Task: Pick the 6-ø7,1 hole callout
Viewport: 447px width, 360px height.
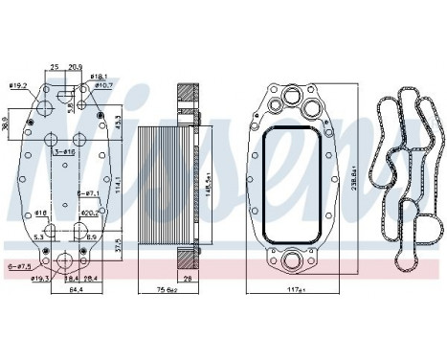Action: pos(88,194)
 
